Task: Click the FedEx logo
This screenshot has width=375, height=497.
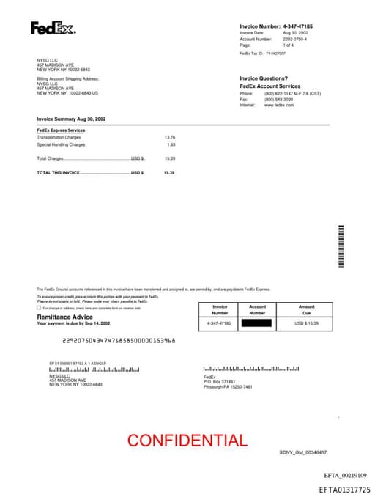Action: pyautogui.click(x=53, y=29)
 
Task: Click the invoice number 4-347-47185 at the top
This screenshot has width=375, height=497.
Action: pyautogui.click(x=297, y=26)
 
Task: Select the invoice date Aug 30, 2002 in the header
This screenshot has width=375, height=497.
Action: pyautogui.click(x=295, y=33)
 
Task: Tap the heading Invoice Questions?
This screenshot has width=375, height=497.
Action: pyautogui.click(x=264, y=78)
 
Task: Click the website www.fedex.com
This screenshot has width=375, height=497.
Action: pyautogui.click(x=279, y=105)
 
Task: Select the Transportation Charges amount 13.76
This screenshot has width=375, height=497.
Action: pyautogui.click(x=170, y=137)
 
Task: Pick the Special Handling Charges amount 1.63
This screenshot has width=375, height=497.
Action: pyautogui.click(x=171, y=144)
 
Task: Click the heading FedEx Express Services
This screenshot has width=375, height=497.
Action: pyautogui.click(x=61, y=130)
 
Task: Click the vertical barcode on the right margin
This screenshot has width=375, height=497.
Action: pyautogui.click(x=341, y=246)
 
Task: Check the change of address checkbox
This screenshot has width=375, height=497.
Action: pyautogui.click(x=39, y=308)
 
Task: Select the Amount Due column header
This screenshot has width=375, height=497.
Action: pyautogui.click(x=307, y=309)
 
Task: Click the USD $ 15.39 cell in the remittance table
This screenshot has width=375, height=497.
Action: pyautogui.click(x=307, y=323)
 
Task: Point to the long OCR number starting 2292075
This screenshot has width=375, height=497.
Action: pyautogui.click(x=119, y=341)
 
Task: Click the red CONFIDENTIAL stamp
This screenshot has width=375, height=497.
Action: pyautogui.click(x=187, y=441)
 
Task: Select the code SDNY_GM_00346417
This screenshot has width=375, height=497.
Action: pyautogui.click(x=302, y=452)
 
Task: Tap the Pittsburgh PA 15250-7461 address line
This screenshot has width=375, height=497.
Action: pyautogui.click(x=228, y=386)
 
